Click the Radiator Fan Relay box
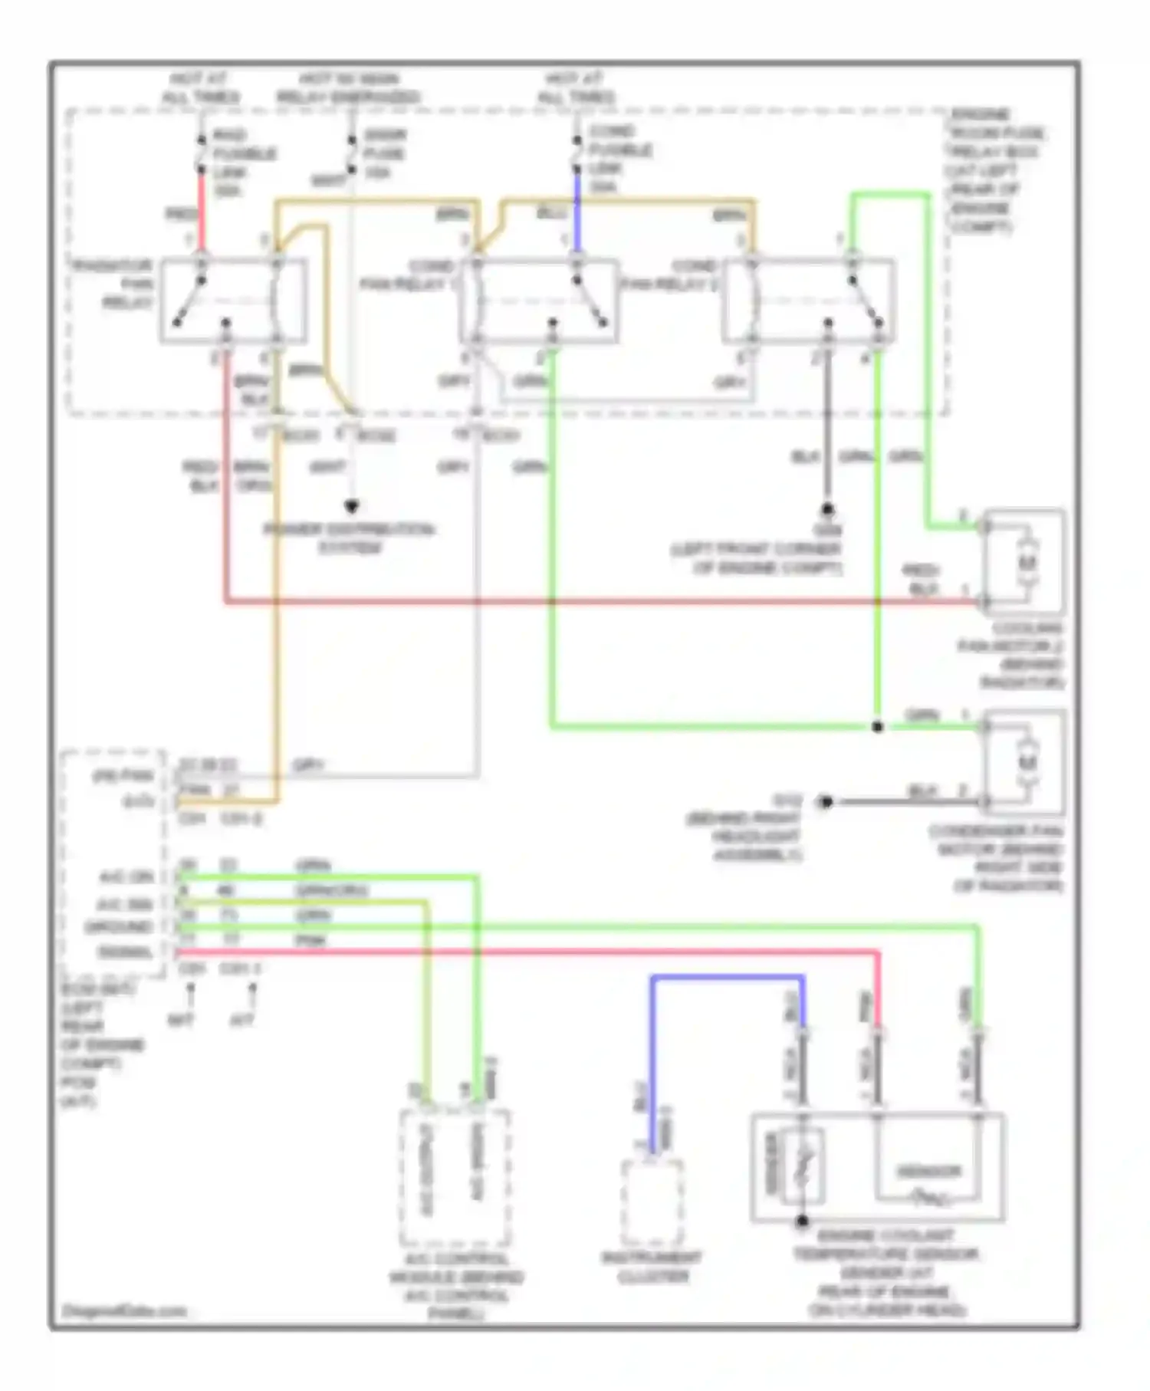234,301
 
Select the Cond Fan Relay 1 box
539,301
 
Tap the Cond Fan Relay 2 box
809,301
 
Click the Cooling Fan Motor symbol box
1025,562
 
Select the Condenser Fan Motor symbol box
1025,761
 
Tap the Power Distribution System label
350,538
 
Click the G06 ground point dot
827,509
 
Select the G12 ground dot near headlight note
825,802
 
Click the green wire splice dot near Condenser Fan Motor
878,726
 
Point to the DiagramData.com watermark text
124,1310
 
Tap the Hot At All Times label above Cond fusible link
577,87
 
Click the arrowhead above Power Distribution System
352,507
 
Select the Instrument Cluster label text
652,1267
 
